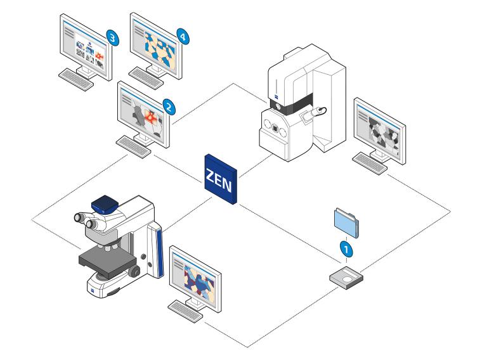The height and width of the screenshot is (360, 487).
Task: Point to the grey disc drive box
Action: [x=347, y=278]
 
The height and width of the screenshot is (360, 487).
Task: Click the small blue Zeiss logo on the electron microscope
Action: [x=277, y=99]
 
